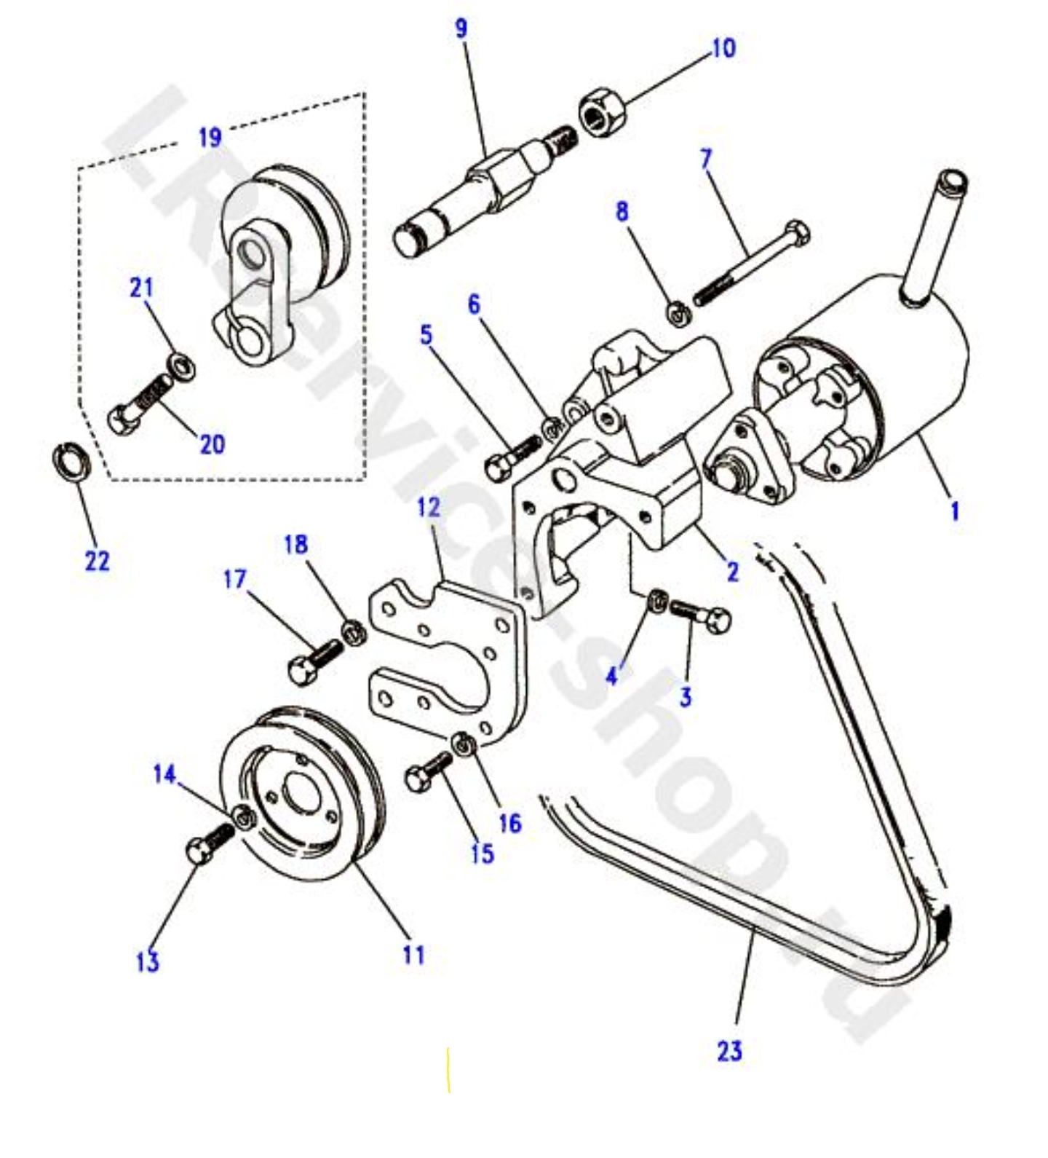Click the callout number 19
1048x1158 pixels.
210,136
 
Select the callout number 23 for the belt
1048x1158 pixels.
729,1050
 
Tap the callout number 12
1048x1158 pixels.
429,507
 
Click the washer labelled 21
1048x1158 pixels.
181,366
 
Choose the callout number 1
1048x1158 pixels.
955,511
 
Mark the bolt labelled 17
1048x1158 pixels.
313,661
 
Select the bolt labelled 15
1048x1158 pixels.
427,771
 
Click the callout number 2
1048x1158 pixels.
732,572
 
